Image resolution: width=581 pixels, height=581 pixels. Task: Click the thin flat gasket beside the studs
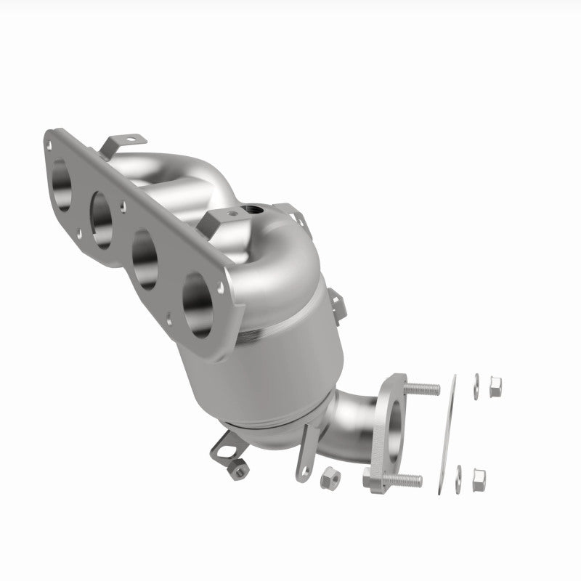click(x=445, y=436)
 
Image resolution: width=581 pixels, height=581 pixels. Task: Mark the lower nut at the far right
click(x=479, y=477)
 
